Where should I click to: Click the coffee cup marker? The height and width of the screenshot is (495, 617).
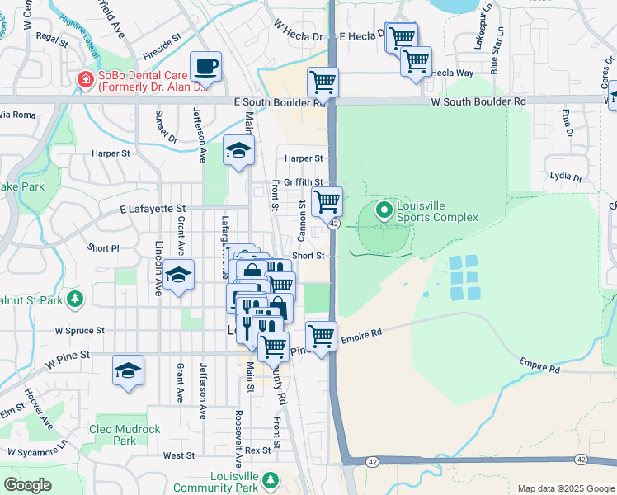point(205,66)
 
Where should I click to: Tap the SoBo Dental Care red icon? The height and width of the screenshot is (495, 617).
point(84,79)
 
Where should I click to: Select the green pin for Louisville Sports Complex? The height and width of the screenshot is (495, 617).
point(384,210)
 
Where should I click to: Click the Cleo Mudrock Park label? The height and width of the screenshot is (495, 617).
point(124,435)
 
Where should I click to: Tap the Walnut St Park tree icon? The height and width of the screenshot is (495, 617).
point(75,297)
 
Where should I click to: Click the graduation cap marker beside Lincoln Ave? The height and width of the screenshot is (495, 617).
point(177,275)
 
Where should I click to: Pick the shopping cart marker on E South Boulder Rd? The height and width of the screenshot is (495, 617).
point(323,82)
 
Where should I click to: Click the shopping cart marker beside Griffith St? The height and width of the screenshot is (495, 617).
point(327,200)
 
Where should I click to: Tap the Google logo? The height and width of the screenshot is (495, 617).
point(27,485)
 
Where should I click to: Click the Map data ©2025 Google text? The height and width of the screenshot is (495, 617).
point(564,488)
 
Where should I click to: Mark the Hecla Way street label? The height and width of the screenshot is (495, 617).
point(454,73)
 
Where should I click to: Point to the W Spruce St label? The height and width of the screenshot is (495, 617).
point(79,330)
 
